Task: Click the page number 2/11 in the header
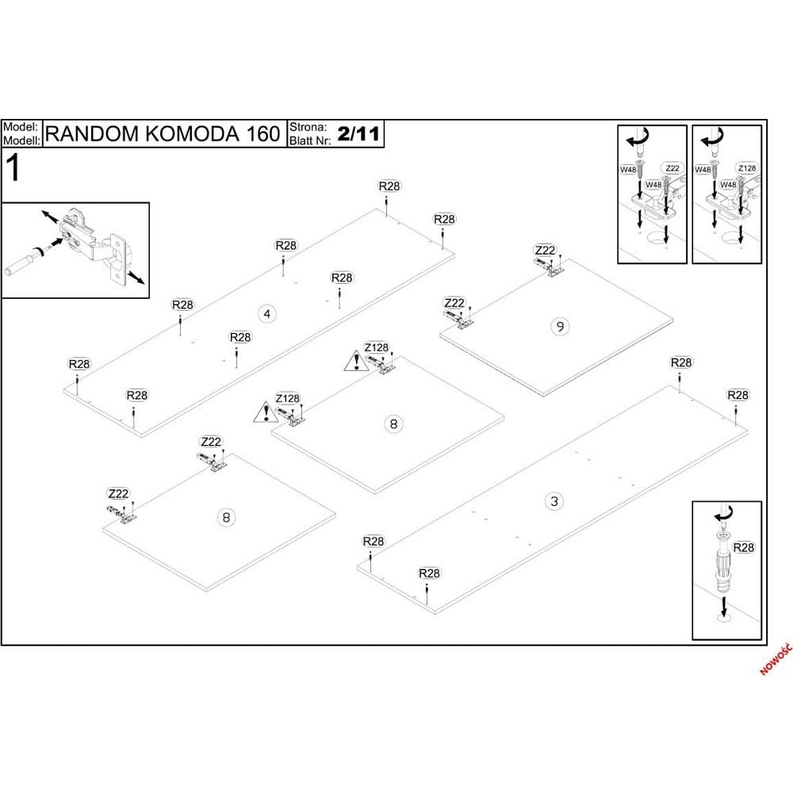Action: [x=358, y=134]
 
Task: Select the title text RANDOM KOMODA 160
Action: [x=163, y=133]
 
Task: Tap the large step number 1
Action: [x=13, y=168]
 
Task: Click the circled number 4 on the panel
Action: [x=267, y=314]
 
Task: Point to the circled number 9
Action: [x=560, y=326]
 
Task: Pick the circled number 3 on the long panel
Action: [x=554, y=501]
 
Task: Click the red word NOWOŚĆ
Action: [x=776, y=659]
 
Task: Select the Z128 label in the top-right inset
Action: [x=747, y=168]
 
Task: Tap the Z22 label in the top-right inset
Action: [x=672, y=168]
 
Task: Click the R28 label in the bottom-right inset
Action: [x=743, y=547]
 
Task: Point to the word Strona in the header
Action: [x=308, y=127]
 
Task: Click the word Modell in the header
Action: [x=21, y=140]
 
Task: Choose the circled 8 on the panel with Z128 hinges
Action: [x=393, y=423]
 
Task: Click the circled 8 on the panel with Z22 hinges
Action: [x=226, y=517]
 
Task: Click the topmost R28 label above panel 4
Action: [x=389, y=186]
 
